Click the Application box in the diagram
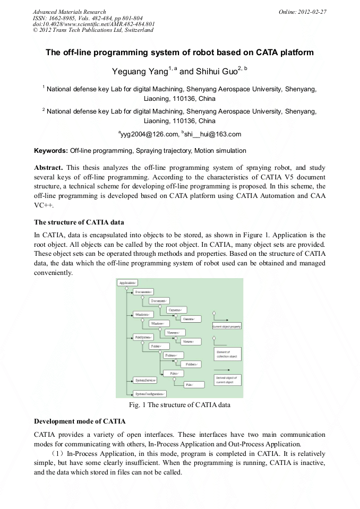click(127, 283)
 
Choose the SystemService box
click(144, 380)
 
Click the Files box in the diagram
click(174, 373)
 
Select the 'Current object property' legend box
click(227, 326)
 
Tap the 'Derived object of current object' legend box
click(227, 379)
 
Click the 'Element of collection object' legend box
click(227, 354)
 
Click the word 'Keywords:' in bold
click(51, 151)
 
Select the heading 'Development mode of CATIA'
click(80, 421)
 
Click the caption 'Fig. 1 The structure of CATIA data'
click(180, 405)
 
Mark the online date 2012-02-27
click(311, 11)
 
